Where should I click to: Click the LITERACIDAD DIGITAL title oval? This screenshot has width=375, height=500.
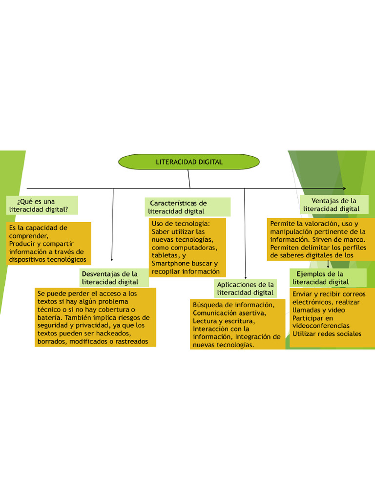click(189, 162)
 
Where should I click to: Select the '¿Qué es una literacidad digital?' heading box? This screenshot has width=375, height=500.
click(42, 205)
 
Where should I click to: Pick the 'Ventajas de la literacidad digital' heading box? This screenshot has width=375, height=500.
click(333, 205)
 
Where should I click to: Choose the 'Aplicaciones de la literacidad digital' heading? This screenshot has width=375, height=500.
click(245, 289)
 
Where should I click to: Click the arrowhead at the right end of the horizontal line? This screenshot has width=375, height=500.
click(344, 188)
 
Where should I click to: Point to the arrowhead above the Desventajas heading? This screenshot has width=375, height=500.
click(112, 260)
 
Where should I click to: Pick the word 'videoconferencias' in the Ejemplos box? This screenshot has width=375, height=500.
click(321, 326)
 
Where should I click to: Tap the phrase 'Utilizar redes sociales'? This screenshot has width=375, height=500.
click(327, 333)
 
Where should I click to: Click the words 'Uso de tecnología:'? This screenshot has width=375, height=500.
click(180, 224)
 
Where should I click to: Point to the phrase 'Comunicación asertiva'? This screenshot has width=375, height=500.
click(229, 313)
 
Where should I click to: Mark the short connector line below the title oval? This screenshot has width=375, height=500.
click(189, 179)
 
